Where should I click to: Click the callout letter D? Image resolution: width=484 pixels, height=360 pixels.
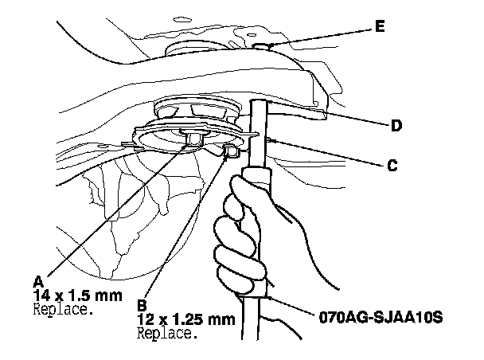(395, 125)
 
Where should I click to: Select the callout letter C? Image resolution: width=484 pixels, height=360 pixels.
(392, 166)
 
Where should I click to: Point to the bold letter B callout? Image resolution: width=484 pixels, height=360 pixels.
(142, 303)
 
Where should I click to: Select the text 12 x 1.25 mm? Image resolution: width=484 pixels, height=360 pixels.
(186, 319)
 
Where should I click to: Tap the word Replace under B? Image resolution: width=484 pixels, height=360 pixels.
(166, 333)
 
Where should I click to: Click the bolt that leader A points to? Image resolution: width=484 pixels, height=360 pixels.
(192, 141)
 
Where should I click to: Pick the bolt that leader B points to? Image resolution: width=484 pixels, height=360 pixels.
(230, 151)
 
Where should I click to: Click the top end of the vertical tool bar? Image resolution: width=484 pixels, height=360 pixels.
(260, 104)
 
